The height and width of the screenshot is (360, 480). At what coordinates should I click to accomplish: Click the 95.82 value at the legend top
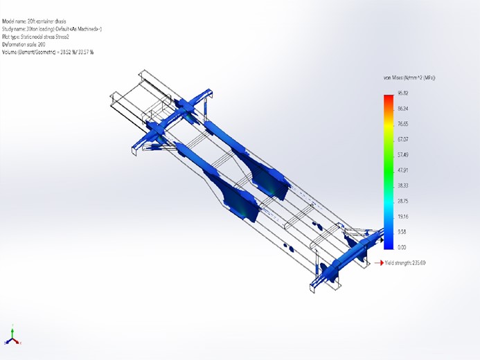coord(402,93)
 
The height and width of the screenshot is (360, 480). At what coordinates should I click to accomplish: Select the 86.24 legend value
coord(402,108)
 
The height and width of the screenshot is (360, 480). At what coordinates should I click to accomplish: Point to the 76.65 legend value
coord(402,124)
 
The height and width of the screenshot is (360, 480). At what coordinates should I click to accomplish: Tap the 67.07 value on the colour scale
coord(402,139)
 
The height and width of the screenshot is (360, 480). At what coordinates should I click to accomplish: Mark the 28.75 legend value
coord(402,201)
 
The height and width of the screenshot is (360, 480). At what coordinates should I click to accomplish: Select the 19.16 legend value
coord(402,216)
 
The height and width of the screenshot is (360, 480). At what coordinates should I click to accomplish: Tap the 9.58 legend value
coord(401,231)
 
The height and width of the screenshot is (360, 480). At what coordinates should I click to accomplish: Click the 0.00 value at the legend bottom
coord(401,246)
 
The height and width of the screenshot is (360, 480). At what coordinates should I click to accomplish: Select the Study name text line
coord(52,28)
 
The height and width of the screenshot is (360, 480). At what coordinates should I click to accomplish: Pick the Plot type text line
coord(42,36)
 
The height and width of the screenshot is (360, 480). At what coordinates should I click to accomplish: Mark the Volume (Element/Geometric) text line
coord(48,51)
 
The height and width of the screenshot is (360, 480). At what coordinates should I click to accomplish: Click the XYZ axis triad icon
coord(13,336)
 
